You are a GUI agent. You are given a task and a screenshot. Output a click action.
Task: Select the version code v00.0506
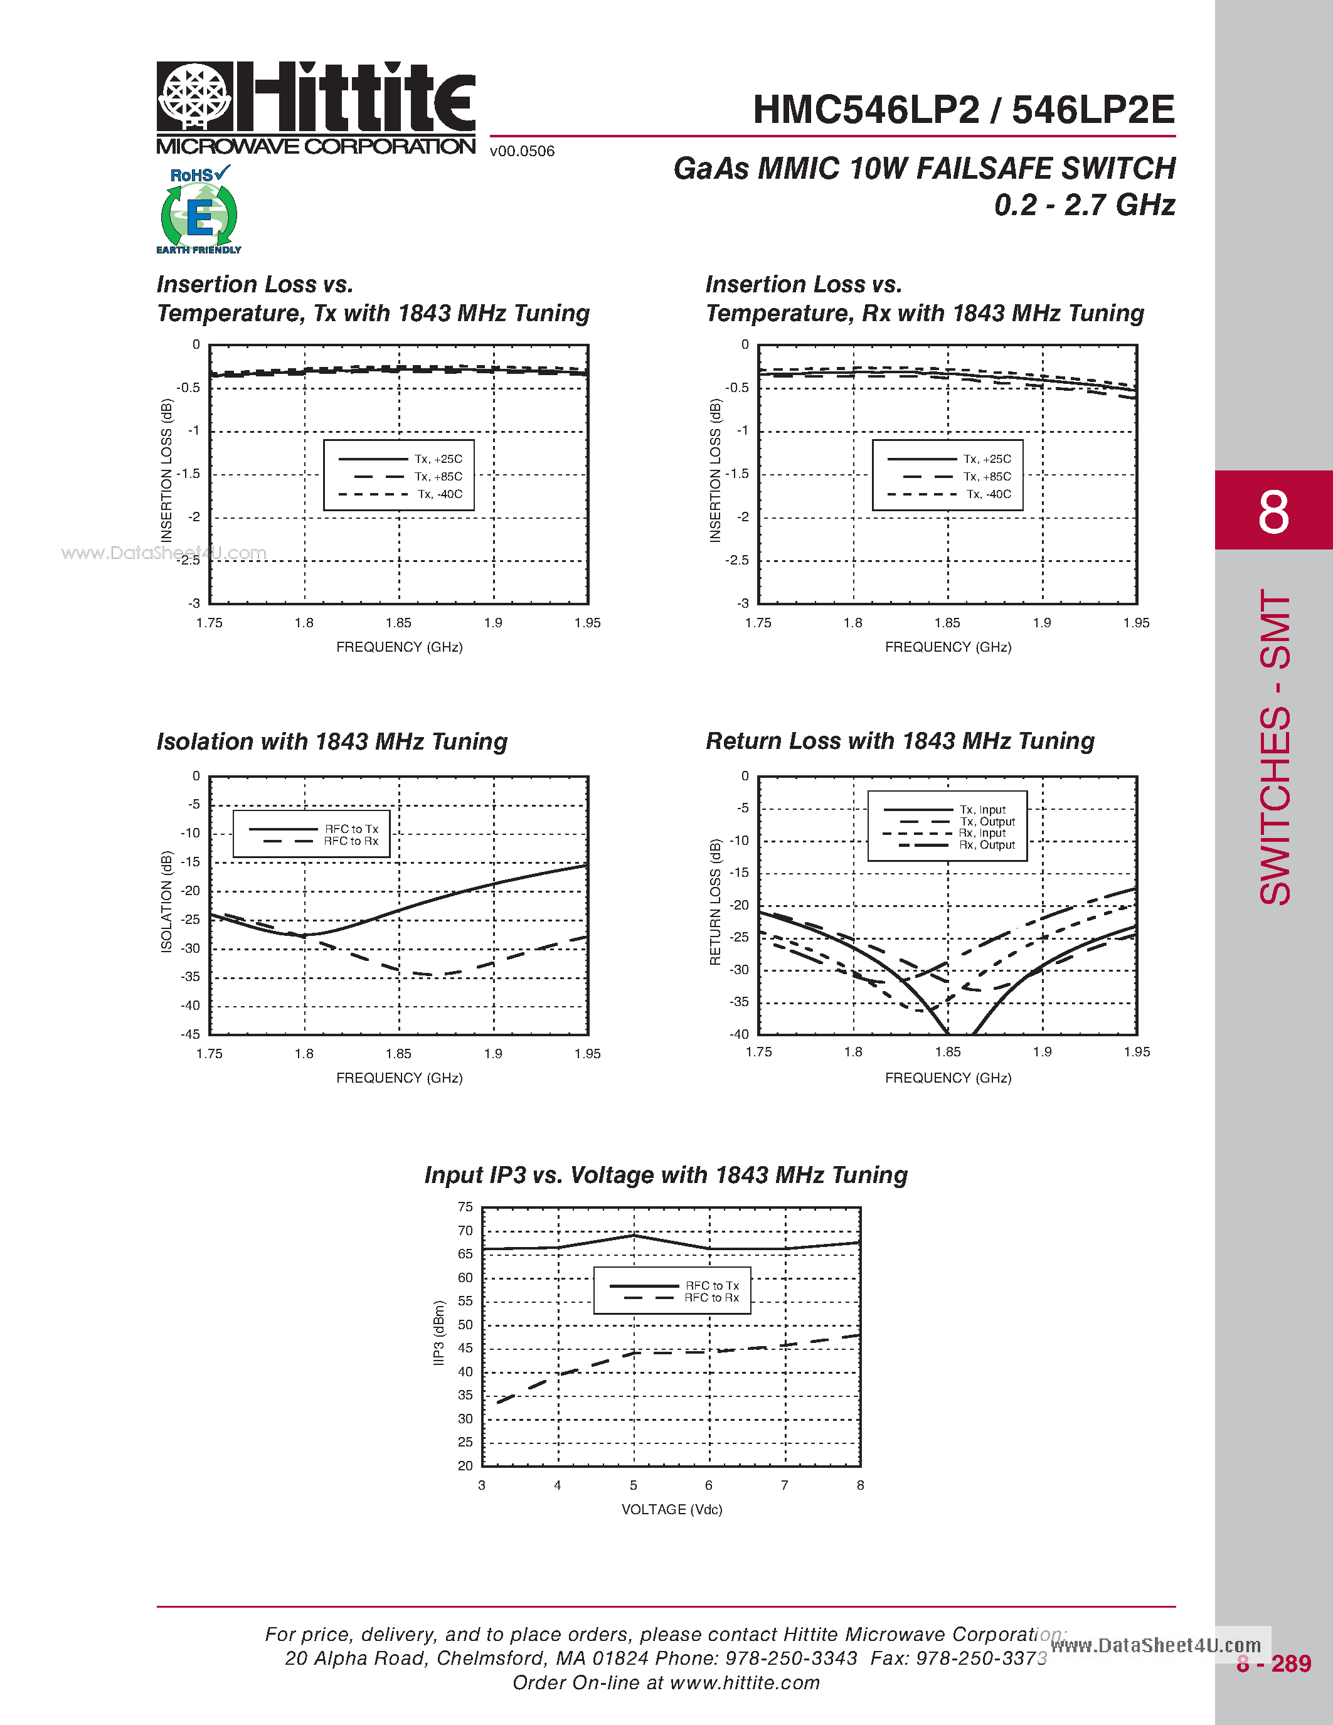click(x=522, y=151)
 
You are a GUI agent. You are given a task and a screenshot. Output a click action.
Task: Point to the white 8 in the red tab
click(x=1273, y=512)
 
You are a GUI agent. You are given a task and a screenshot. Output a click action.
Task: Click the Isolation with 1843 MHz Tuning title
click(x=332, y=741)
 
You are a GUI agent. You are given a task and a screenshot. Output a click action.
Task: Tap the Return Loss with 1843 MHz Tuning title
click(x=900, y=741)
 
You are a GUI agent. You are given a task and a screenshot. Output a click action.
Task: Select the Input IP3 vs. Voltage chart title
click(x=666, y=1174)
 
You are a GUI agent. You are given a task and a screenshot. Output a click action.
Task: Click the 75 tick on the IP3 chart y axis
click(x=465, y=1207)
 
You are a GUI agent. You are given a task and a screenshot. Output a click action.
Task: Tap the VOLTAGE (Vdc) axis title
click(x=671, y=1509)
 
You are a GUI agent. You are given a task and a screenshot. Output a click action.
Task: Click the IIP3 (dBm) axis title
click(x=439, y=1332)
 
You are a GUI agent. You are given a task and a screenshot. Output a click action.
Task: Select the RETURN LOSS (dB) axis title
click(x=716, y=901)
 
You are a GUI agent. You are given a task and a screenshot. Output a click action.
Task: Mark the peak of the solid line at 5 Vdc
click(x=634, y=1234)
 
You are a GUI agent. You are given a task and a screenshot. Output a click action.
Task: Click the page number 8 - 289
click(x=1273, y=1664)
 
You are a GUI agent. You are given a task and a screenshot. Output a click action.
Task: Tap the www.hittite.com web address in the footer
click(x=744, y=1682)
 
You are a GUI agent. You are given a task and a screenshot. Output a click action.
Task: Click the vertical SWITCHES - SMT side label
click(x=1274, y=746)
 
